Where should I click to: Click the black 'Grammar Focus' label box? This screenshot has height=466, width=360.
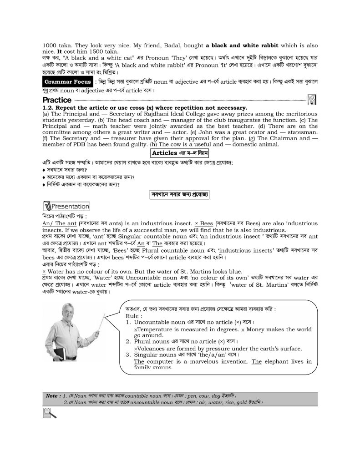[67, 82]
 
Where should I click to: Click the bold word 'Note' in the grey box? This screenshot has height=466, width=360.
[52, 396]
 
